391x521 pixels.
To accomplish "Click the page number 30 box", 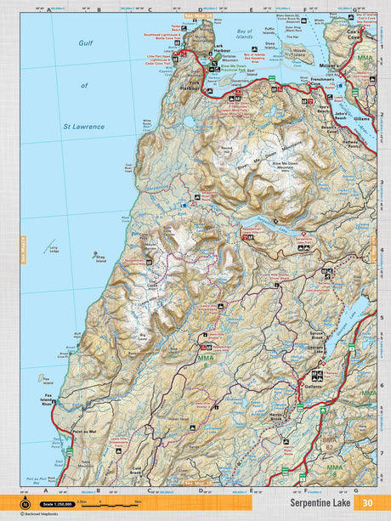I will coord(367,502).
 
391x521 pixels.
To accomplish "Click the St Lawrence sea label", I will coord(83,126).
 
